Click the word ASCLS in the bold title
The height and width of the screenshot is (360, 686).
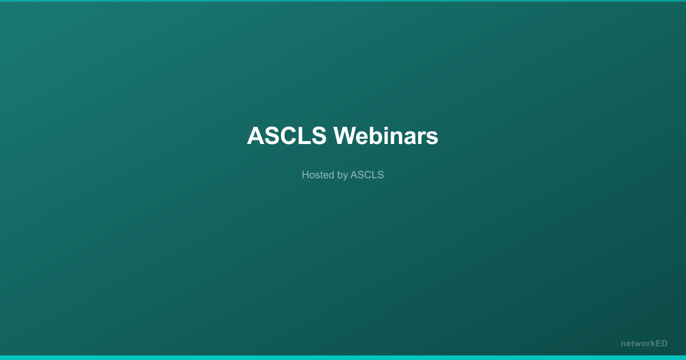pos(286,136)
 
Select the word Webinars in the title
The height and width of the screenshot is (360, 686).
pos(386,136)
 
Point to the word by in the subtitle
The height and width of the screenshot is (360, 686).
pos(342,175)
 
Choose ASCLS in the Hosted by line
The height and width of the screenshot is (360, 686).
pos(367,175)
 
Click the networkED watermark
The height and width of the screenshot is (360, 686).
pos(644,343)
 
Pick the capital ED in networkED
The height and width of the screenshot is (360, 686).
pos(661,343)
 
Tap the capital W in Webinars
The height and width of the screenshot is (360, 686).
pos(345,136)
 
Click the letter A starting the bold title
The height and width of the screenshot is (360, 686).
pos(256,136)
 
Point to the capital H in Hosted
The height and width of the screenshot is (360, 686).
pos(305,175)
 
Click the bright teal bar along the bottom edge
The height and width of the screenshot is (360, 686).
pos(343,358)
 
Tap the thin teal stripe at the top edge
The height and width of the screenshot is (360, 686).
pos(343,1)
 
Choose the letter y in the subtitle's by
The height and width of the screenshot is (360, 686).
pos(345,176)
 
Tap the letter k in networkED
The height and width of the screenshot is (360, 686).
pos(652,343)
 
